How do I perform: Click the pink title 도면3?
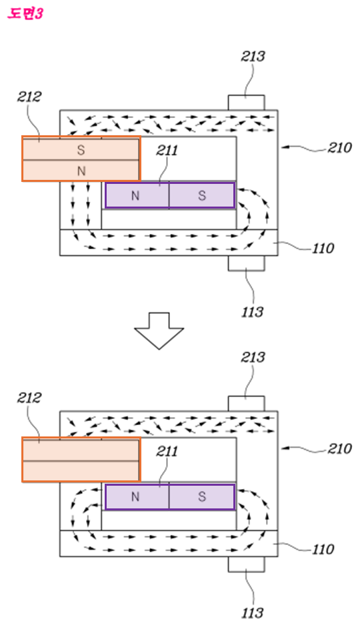[x=25, y=14]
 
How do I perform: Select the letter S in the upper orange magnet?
[x=81, y=150]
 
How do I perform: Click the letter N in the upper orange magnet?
[x=81, y=171]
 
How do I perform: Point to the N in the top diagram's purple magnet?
[x=135, y=196]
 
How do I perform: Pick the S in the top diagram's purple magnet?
[x=202, y=196]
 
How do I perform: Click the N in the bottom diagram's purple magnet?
[x=135, y=496]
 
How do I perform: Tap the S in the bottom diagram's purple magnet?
[x=202, y=496]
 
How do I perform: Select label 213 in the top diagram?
[x=253, y=57]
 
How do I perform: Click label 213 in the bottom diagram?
[x=253, y=357]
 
